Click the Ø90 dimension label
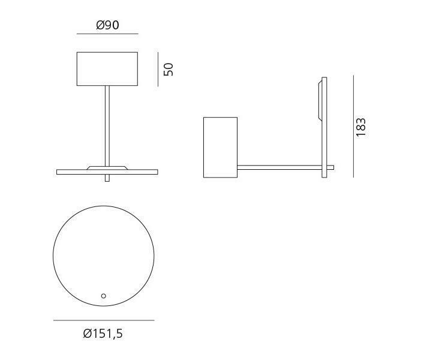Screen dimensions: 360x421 tap(107, 26)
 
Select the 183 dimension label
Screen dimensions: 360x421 tap(360, 127)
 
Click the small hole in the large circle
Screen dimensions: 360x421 tap(104, 296)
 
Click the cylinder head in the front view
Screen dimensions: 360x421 tap(107, 68)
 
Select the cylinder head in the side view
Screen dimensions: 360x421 tap(220, 147)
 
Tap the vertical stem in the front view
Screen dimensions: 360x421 tap(107, 126)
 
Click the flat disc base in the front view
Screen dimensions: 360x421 tap(66, 172)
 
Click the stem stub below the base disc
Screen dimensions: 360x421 tap(107, 178)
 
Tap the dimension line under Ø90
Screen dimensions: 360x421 tap(107, 34)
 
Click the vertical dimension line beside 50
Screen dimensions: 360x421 tap(158, 68)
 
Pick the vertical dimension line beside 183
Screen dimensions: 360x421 tap(353, 126)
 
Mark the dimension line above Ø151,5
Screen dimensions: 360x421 tap(103, 320)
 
